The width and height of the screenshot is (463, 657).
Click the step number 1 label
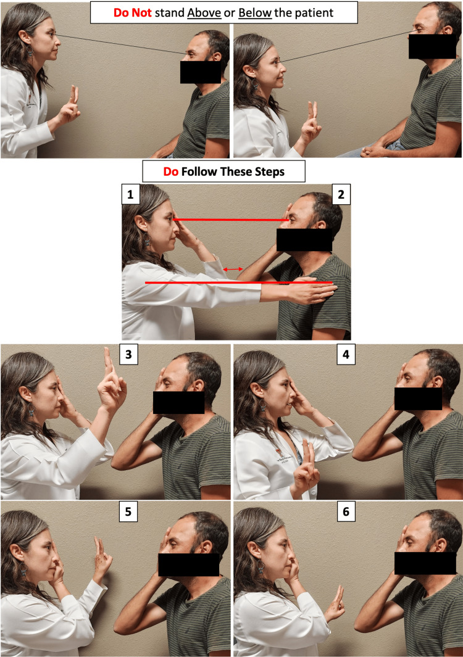[130, 194]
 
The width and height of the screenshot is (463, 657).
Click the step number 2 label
[341, 194]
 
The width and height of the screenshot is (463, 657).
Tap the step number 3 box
[128, 355]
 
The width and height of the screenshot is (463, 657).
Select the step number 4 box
[346, 355]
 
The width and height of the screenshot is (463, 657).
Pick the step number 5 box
[128, 511]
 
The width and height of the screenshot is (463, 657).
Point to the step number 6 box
[346, 511]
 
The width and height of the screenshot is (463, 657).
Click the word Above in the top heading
[204, 12]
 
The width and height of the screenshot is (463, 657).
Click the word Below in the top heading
[255, 12]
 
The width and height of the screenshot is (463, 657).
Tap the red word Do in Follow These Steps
[170, 171]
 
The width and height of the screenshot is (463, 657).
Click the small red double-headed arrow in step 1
[233, 269]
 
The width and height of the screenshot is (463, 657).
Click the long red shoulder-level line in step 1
[239, 283]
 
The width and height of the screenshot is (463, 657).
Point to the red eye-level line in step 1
[231, 219]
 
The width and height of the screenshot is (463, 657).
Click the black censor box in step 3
[178, 402]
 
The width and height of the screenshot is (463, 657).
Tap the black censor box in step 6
[425, 563]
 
